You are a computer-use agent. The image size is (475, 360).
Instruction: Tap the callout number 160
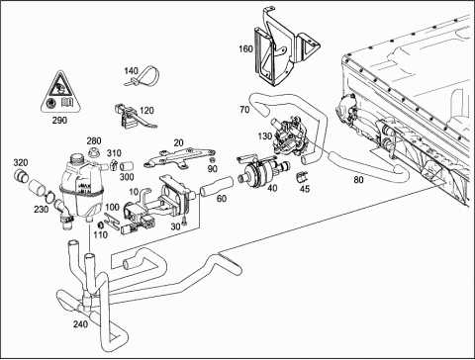(245, 49)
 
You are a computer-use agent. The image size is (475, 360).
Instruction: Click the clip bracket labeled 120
(132, 117)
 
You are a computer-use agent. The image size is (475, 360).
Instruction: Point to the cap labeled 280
(95, 153)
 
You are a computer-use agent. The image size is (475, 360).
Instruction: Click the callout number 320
(21, 162)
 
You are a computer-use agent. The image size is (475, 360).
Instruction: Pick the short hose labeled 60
(216, 186)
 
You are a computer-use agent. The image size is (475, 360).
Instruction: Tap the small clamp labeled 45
(302, 176)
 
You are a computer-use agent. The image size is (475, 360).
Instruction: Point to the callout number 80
(358, 180)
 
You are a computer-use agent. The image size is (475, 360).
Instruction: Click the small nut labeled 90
(213, 160)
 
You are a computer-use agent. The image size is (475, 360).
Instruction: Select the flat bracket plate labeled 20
(180, 157)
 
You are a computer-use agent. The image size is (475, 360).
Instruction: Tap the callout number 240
(80, 324)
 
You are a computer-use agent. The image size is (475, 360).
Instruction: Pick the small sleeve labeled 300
(126, 165)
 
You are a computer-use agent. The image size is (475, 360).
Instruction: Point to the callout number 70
(244, 110)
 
